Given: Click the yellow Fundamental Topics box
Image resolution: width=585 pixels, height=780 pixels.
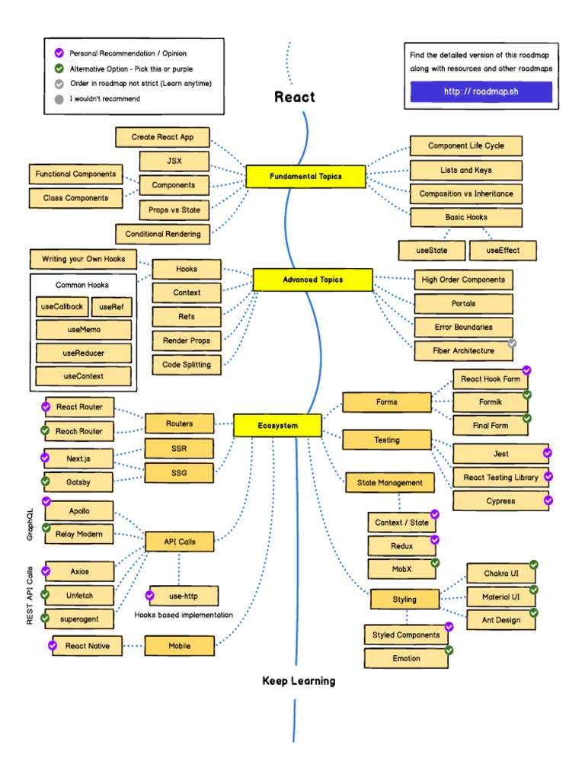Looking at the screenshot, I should (305, 177).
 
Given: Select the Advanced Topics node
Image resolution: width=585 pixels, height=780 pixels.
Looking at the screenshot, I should (312, 280).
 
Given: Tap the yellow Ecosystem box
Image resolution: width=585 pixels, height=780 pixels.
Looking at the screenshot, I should (277, 426).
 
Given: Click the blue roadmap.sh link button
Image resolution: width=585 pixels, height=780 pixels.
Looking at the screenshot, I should (481, 92).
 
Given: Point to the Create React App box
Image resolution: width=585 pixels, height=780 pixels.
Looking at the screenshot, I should (162, 137).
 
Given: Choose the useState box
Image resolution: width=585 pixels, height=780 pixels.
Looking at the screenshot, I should (432, 250).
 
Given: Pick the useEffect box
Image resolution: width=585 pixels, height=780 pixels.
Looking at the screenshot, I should (502, 250).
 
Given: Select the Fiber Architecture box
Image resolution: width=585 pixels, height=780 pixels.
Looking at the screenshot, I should (463, 351).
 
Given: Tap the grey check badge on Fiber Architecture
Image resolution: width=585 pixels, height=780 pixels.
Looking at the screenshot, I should (513, 344).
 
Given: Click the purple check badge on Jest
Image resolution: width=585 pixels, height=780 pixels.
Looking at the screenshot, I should (547, 453).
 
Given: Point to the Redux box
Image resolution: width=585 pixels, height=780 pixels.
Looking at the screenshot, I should (402, 545).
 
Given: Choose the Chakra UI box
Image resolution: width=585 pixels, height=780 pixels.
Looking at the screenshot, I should (500, 573).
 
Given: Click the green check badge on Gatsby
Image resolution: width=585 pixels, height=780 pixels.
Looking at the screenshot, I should (46, 481).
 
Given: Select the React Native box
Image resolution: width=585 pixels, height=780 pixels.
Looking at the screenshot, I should (88, 646).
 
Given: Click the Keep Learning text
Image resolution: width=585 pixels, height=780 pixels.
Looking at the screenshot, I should (299, 681).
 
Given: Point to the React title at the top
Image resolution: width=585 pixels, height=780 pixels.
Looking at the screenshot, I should (294, 97).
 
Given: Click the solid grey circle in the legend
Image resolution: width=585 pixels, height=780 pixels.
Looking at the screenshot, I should (59, 99).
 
